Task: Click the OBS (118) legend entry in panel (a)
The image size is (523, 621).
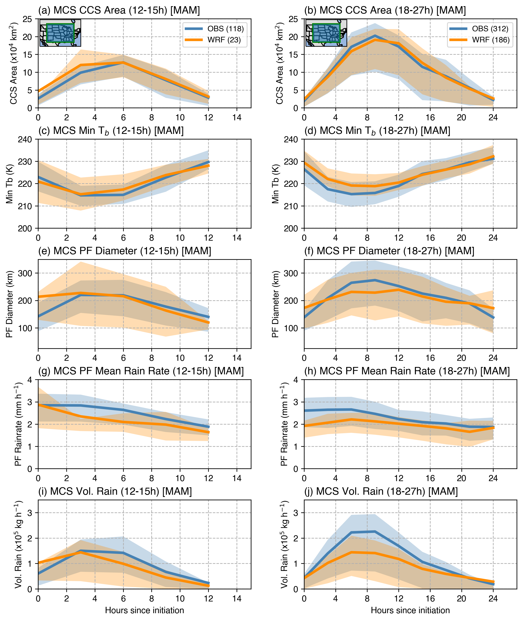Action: [x=214, y=29]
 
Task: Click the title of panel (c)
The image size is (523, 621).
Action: [x=111, y=131]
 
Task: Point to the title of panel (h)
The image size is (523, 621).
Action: [x=407, y=371]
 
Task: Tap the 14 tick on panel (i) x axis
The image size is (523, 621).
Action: [x=237, y=599]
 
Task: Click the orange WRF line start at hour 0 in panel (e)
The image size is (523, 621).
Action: [x=39, y=296]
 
